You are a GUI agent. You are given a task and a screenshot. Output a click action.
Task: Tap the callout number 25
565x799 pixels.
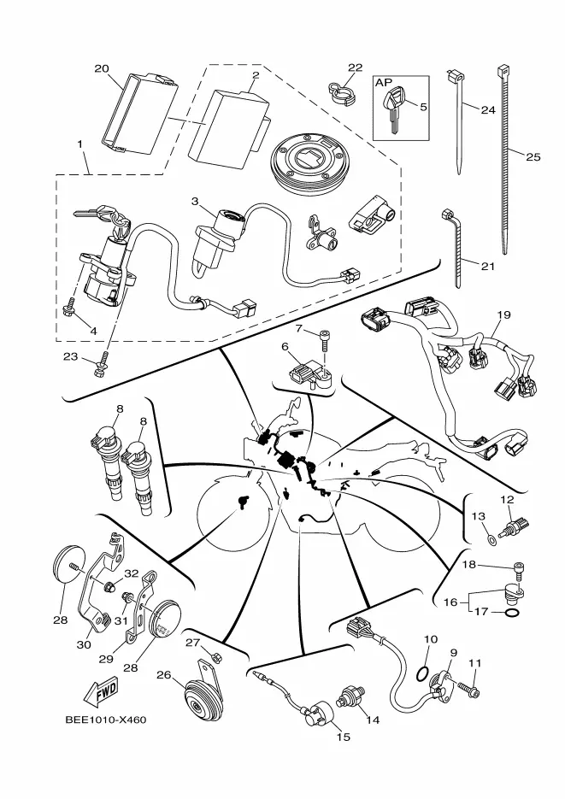[533, 157]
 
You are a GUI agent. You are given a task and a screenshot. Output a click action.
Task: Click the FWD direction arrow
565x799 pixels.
[100, 692]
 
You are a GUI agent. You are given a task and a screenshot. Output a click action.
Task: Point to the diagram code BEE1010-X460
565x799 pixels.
[105, 720]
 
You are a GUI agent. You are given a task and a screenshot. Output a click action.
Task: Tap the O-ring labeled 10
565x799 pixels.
[421, 673]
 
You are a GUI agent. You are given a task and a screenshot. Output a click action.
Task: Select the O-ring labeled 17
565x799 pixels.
[513, 613]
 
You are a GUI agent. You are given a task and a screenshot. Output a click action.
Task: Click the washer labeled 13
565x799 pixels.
[491, 538]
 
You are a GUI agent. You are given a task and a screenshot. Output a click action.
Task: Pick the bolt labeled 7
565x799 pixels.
[325, 340]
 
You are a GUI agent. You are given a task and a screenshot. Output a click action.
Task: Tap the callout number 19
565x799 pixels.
[503, 315]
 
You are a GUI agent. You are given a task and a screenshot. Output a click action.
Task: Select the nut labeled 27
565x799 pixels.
[215, 657]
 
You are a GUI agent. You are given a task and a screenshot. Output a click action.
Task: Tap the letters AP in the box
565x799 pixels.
[384, 83]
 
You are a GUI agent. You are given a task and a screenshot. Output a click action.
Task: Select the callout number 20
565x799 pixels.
[102, 68]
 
